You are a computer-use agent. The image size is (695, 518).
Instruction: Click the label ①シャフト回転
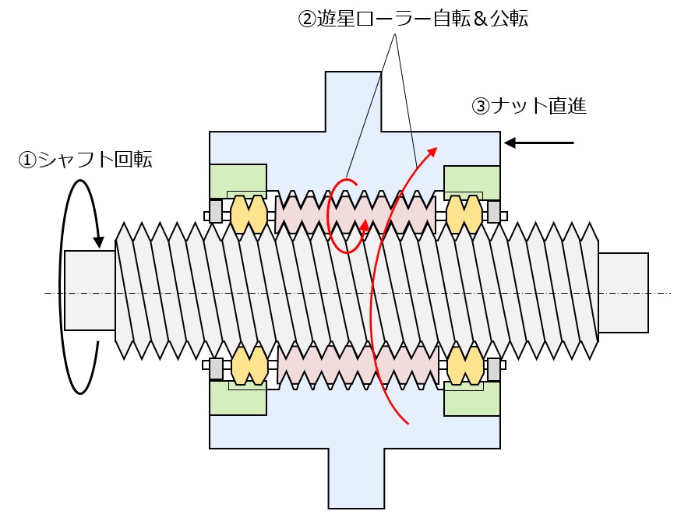tap(86, 161)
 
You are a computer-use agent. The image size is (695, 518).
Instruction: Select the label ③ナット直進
tap(529, 106)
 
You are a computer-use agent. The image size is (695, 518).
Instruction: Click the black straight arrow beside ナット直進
tap(539, 143)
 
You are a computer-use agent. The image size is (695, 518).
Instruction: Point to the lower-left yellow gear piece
tap(249, 365)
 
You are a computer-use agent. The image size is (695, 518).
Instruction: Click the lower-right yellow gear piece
tap(465, 365)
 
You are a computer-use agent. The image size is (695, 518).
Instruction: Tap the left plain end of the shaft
tap(90, 290)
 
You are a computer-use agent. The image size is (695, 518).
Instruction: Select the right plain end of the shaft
tap(623, 292)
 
